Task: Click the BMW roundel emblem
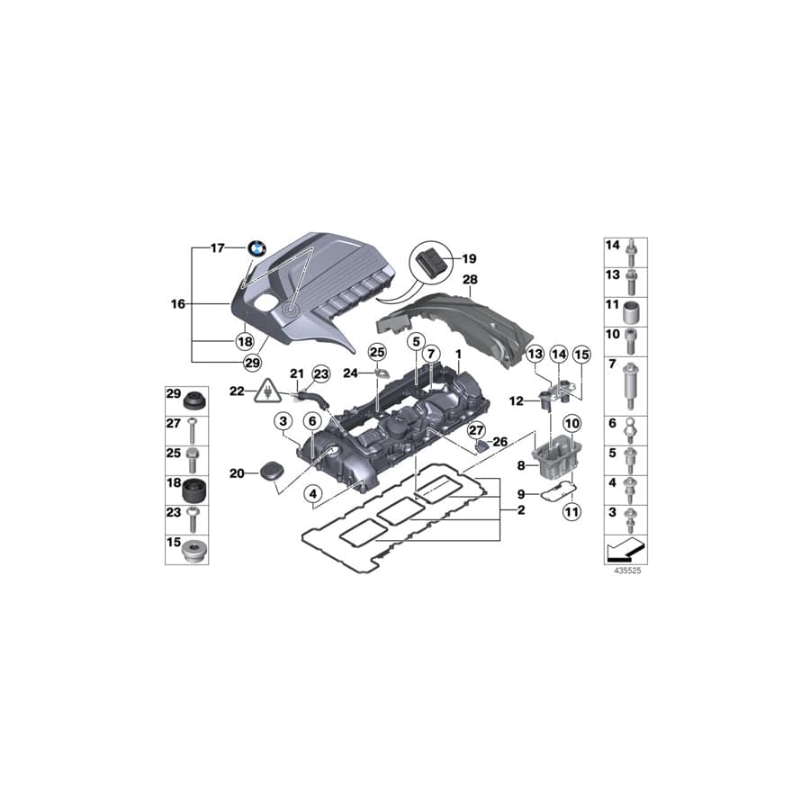(x=258, y=248)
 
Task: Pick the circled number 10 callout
(x=571, y=423)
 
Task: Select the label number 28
(x=469, y=281)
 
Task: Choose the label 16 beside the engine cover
(x=176, y=304)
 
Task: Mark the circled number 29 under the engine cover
(x=251, y=362)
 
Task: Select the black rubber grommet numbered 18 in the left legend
(x=193, y=492)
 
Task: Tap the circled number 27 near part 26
(x=476, y=431)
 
